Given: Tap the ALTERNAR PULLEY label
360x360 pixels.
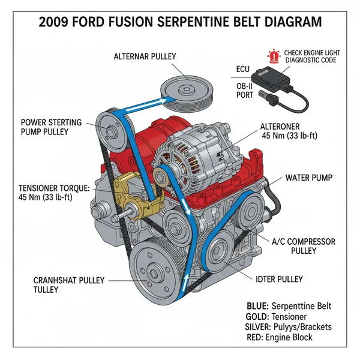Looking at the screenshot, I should coord(145,56).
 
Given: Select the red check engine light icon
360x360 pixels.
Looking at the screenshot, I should coord(274,56).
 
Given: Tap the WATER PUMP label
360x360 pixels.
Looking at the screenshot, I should coord(308,178).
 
